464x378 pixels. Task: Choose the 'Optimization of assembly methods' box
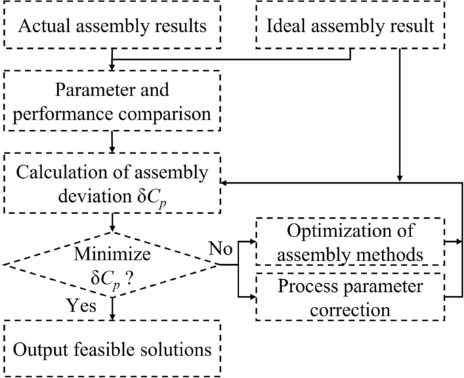350,242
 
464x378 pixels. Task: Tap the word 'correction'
349,310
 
